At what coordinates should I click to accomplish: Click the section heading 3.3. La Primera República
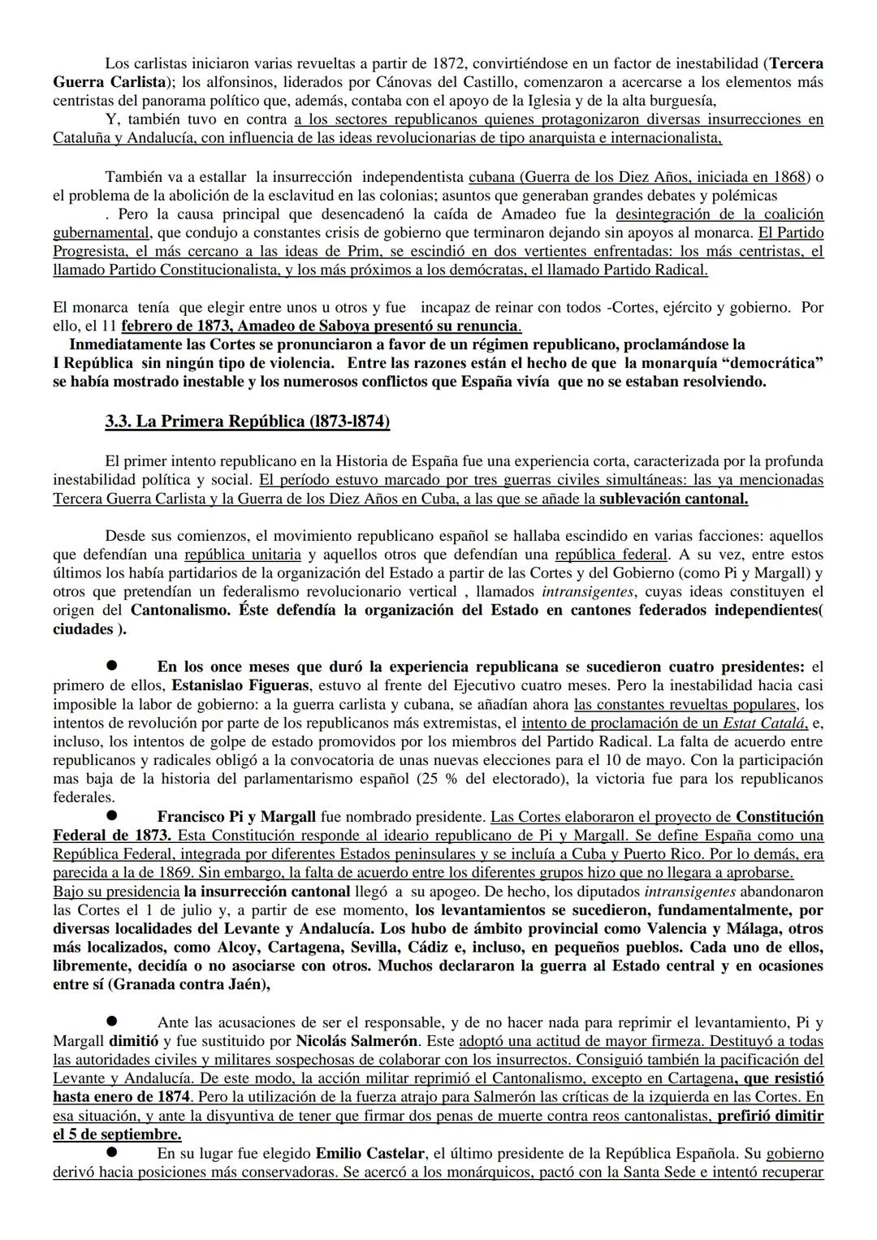coord(247,421)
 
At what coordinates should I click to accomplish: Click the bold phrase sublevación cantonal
coord(673,499)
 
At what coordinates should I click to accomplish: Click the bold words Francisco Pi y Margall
coord(236,817)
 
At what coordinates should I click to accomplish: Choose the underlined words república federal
coord(611,555)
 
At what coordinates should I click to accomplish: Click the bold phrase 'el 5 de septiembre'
coord(117,1134)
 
